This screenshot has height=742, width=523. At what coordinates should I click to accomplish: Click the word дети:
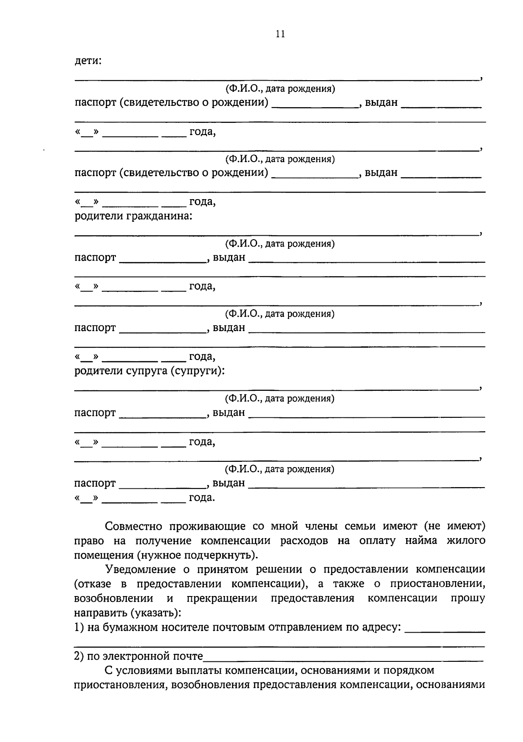pos(88,61)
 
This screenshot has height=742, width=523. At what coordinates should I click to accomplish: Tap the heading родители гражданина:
pos(133,216)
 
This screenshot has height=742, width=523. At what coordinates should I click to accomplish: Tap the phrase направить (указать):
pos(128,613)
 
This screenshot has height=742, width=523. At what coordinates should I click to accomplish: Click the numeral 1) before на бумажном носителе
pos(79,627)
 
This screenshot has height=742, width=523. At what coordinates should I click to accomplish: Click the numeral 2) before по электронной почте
pos(79,656)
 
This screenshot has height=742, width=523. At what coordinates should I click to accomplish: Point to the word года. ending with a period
pos(202,498)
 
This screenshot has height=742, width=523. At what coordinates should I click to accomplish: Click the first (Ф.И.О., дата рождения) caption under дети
pos(280,89)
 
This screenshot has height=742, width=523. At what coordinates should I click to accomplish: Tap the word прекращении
pos(222,598)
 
